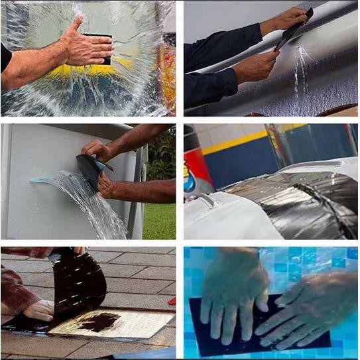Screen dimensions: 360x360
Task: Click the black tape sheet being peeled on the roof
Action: (80, 278)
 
